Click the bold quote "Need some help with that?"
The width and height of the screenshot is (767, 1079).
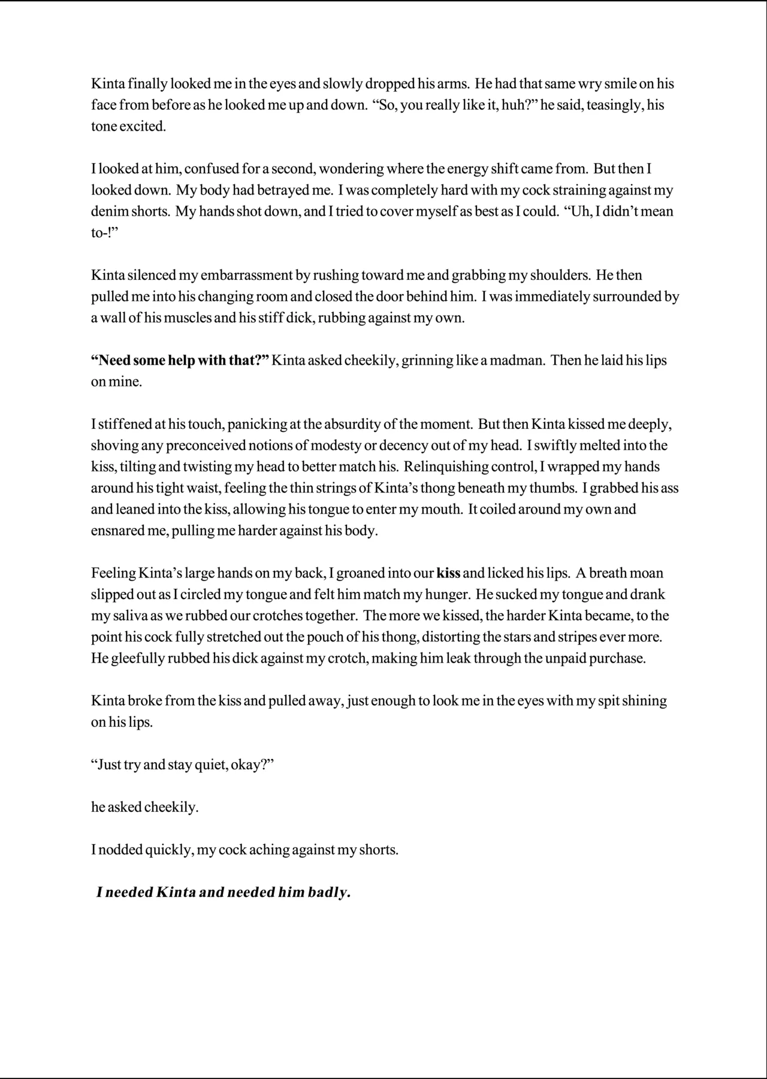[x=180, y=361]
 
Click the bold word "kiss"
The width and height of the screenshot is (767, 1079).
[x=448, y=573]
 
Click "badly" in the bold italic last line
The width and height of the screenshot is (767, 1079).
[x=329, y=893]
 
